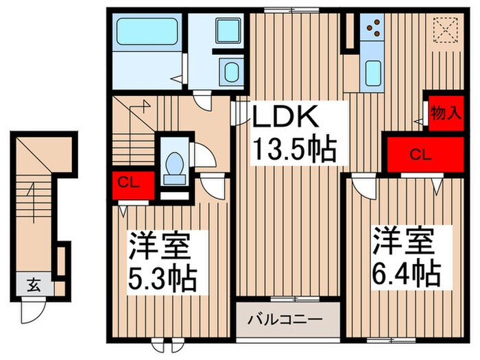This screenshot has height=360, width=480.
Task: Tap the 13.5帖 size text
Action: [x=296, y=147]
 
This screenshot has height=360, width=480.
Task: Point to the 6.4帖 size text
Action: [x=406, y=274]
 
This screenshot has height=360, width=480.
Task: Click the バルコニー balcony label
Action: [x=287, y=320]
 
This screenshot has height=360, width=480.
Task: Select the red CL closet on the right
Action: [x=420, y=154]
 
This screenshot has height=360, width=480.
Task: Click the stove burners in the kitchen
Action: [x=374, y=28]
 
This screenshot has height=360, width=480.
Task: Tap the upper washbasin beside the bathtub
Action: [x=227, y=32]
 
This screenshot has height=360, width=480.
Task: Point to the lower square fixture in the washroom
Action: [x=229, y=71]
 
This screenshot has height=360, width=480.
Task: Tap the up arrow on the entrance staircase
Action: [x=30, y=199]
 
